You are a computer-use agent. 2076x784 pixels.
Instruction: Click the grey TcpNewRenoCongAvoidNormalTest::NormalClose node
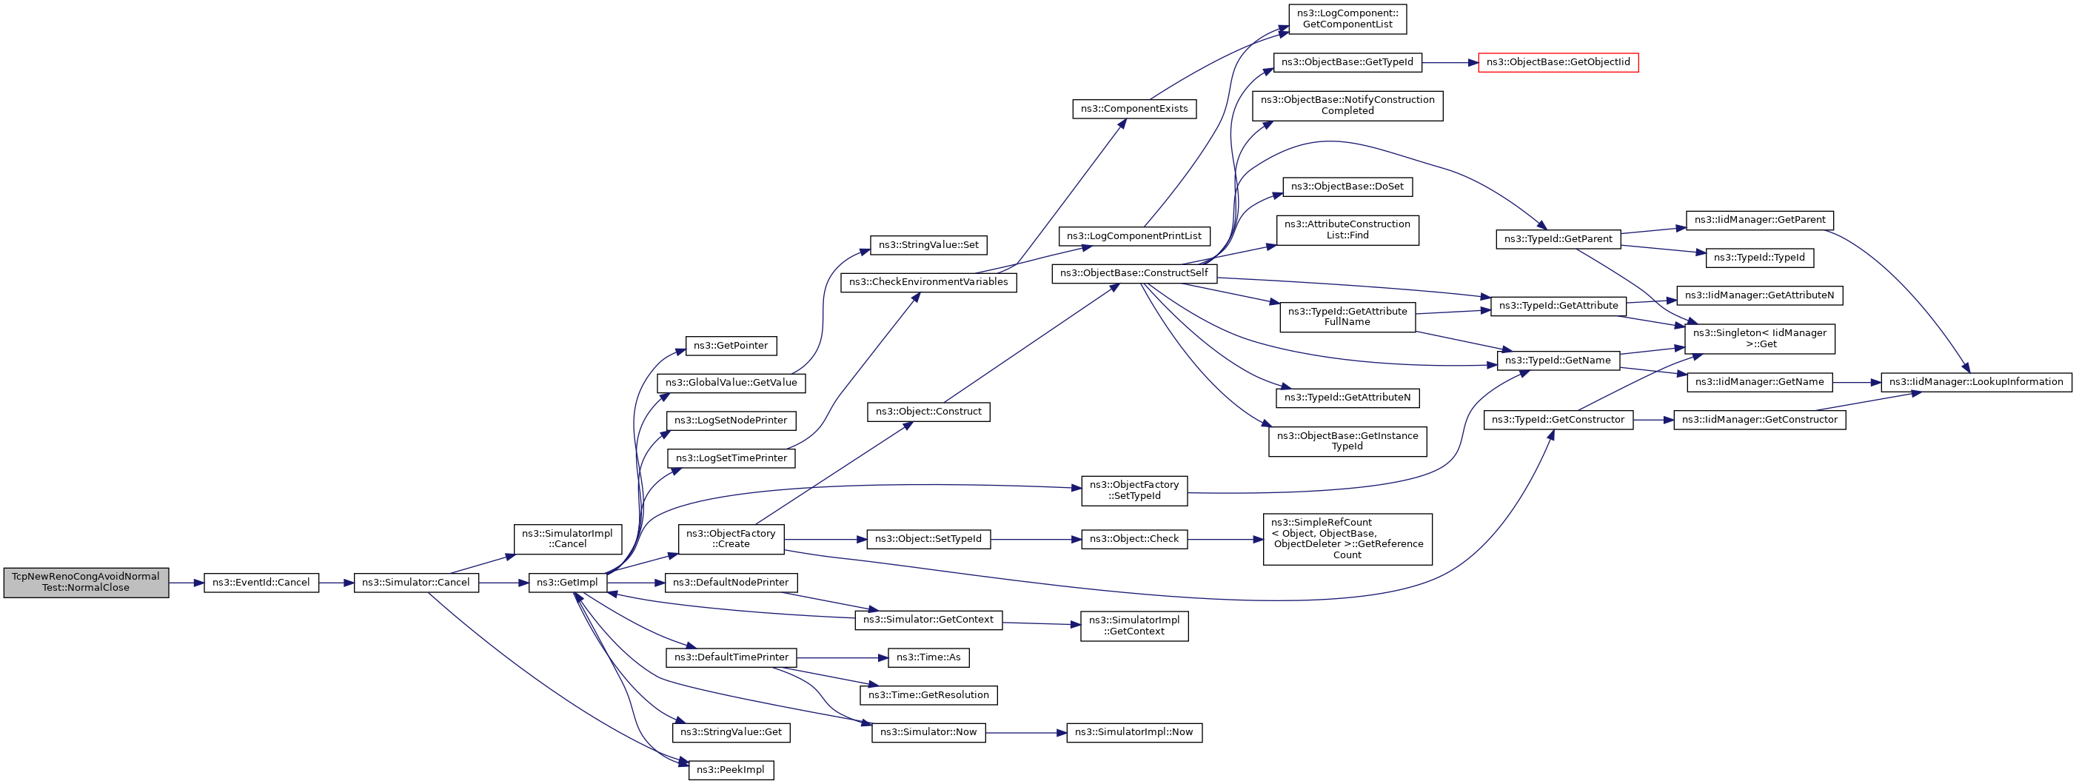click(86, 582)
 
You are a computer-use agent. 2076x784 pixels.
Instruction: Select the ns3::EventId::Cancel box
click(261, 583)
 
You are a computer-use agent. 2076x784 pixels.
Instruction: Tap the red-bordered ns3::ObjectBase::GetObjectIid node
click(1558, 62)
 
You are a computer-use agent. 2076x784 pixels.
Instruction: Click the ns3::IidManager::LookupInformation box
click(1976, 382)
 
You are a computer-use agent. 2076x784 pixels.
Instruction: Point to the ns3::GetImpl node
click(567, 583)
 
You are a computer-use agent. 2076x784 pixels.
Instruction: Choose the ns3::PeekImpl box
click(731, 769)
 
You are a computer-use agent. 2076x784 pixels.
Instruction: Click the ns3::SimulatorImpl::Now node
click(1135, 732)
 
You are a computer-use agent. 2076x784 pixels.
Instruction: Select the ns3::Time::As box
click(928, 657)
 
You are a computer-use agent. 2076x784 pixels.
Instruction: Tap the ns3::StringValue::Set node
click(928, 245)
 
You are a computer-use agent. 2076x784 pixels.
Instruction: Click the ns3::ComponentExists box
click(1135, 109)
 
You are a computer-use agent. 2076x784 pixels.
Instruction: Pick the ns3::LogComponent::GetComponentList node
click(1347, 19)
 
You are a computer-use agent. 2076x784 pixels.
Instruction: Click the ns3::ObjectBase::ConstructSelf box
click(1134, 273)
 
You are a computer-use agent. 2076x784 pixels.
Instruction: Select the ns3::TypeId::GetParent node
click(1558, 239)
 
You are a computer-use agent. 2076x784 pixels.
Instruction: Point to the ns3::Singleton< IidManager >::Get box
click(1760, 338)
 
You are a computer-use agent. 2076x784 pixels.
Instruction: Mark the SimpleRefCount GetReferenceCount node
click(1347, 539)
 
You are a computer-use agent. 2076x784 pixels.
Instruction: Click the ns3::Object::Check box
click(1134, 539)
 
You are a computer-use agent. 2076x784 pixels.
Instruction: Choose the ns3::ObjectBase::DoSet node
click(1347, 187)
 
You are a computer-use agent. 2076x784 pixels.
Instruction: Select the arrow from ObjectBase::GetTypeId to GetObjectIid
click(1450, 62)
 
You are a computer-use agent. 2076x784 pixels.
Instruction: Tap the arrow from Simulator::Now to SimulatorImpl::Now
click(1026, 732)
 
